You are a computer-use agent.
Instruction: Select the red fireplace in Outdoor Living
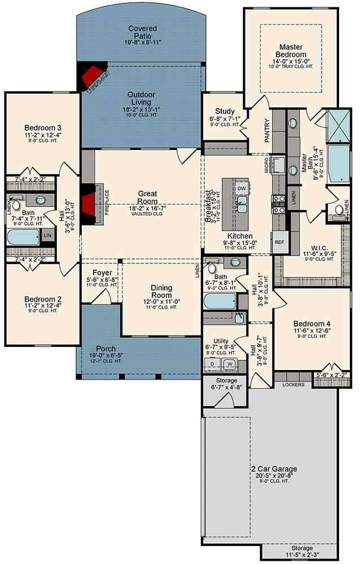[94, 77]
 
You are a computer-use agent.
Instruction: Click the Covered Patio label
[142, 32]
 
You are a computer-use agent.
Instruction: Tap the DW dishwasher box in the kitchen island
[241, 188]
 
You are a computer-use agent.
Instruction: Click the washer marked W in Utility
[230, 364]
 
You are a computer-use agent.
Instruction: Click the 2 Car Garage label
[274, 469]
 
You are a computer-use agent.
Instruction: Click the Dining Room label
[161, 291]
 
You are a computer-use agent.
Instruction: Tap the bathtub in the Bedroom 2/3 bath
[23, 237]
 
